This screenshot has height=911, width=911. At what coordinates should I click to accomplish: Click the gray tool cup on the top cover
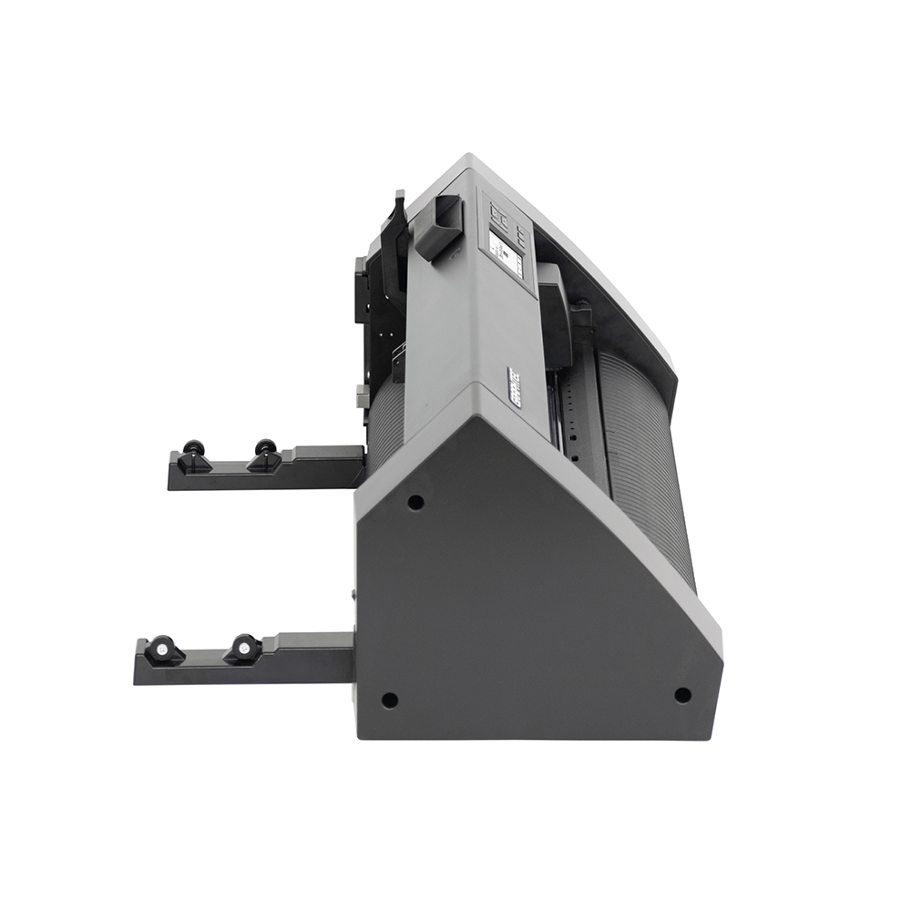tap(438, 224)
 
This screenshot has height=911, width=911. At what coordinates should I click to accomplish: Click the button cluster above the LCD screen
tap(501, 217)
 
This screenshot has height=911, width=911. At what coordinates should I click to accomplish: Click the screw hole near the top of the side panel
tap(415, 502)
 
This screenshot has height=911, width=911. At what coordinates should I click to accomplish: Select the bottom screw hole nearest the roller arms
tap(389, 700)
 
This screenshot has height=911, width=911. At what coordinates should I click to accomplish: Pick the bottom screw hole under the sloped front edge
tap(681, 695)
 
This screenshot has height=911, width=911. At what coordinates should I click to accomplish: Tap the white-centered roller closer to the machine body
tap(243, 648)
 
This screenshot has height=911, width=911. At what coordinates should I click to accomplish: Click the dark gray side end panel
tap(528, 601)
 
